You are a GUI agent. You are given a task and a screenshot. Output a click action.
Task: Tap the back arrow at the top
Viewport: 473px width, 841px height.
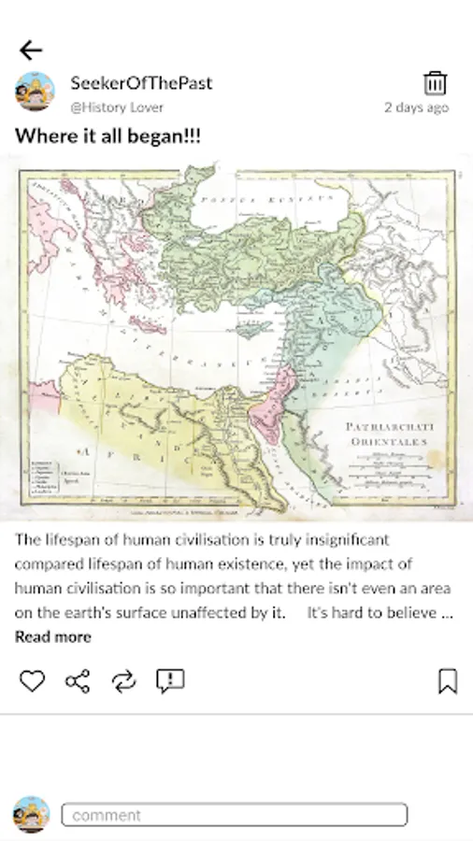[31, 50]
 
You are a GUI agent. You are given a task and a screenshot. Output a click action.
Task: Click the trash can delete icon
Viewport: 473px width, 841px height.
[435, 82]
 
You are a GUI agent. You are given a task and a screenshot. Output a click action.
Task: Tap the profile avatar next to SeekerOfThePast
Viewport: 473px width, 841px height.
[35, 92]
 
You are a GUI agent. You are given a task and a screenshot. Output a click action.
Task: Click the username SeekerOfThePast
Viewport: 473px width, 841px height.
[141, 82]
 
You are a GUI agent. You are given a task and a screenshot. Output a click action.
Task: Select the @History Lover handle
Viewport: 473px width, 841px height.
[117, 107]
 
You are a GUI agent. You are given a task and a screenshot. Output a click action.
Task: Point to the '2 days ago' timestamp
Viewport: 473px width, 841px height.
[416, 107]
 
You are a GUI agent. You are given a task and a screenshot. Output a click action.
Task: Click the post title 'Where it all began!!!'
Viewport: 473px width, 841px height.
[107, 136]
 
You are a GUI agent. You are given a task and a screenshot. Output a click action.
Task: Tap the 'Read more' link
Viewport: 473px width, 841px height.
[52, 636]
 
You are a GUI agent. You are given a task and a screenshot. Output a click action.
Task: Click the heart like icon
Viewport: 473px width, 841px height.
[32, 681]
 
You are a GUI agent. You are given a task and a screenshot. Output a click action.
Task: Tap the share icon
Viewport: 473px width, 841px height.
[78, 681]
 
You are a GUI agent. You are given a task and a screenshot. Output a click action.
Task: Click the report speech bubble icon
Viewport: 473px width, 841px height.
[170, 681]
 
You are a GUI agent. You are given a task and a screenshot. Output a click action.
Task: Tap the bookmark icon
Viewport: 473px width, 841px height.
[448, 681]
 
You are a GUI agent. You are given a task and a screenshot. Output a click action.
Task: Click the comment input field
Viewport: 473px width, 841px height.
[235, 815]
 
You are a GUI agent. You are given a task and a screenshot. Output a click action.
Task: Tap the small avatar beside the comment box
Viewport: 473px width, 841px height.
[32, 814]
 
